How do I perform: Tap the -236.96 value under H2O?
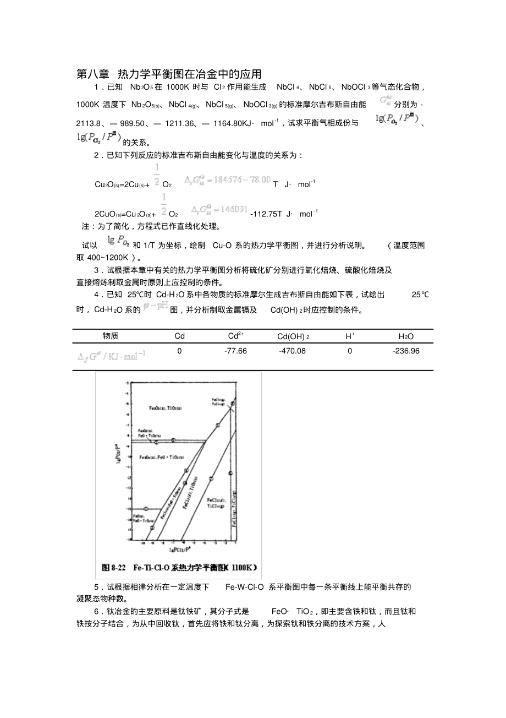[406, 351]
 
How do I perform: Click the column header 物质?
[111, 336]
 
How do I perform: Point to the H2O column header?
[406, 336]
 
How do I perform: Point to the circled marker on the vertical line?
[229, 473]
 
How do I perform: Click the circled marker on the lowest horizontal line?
[146, 508]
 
